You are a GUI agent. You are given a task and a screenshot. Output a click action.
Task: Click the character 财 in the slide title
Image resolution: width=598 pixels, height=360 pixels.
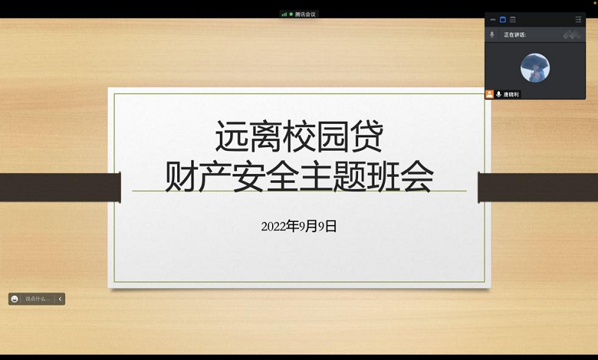pos(179,177)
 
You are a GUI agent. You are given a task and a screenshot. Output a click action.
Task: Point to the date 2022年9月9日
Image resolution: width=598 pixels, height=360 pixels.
pos(299,226)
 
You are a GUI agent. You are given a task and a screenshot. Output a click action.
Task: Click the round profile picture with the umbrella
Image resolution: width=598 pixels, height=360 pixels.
pos(534,68)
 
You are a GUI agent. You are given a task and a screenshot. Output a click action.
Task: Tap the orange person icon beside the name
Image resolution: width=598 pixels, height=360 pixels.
pos(490,95)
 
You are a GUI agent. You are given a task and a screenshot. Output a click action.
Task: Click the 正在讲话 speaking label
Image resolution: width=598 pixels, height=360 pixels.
pos(514,34)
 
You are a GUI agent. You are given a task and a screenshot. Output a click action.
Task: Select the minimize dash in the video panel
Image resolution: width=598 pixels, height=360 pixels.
pos(493,19)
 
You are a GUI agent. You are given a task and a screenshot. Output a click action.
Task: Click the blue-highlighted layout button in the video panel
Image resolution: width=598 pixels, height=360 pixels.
pos(502,19)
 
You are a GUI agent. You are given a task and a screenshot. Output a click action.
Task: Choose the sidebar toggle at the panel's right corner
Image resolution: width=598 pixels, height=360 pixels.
pos(578,19)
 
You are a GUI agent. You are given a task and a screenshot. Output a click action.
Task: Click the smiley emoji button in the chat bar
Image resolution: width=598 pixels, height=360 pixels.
pos(14,299)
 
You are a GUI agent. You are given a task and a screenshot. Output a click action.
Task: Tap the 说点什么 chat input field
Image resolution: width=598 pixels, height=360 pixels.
pos(37,299)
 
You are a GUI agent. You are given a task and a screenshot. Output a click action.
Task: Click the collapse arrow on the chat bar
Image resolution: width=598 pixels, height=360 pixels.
pos(60,299)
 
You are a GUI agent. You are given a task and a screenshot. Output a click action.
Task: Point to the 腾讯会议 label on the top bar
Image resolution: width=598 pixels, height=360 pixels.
pos(306,14)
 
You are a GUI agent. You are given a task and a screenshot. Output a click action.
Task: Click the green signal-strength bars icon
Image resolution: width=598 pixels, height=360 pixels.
pos(284,14)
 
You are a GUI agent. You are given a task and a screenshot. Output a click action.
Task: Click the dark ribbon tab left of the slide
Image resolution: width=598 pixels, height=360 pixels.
pos(60,187)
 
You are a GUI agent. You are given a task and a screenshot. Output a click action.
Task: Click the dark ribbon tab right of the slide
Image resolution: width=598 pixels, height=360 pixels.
pos(537,187)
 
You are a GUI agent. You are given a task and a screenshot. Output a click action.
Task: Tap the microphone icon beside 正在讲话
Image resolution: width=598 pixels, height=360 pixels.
pos(492,34)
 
